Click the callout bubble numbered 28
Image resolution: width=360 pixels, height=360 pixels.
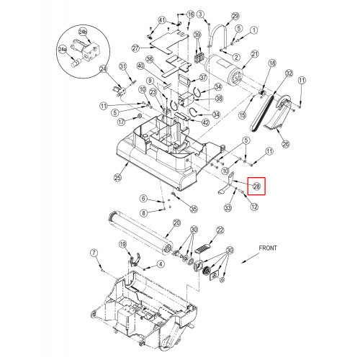256,186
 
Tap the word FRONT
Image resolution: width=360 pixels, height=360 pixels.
268,248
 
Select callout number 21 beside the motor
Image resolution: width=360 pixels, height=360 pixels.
255,54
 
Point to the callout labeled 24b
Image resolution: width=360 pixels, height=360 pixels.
84,32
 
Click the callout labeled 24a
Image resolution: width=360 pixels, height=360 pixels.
62,50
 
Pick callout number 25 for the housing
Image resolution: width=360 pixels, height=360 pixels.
117,178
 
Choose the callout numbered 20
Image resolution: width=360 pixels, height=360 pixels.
176,223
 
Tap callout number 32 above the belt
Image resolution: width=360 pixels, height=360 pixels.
289,73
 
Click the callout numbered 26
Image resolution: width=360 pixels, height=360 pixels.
286,144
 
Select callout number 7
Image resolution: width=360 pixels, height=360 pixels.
94,253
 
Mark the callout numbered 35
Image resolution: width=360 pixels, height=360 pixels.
194,209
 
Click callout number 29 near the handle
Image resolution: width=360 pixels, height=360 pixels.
235,16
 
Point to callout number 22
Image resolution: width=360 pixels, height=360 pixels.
220,230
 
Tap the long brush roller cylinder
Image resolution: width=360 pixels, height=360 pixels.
140,233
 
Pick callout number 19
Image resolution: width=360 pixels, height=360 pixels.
122,244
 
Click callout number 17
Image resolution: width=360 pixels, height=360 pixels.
122,122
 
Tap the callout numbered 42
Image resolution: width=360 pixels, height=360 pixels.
206,122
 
